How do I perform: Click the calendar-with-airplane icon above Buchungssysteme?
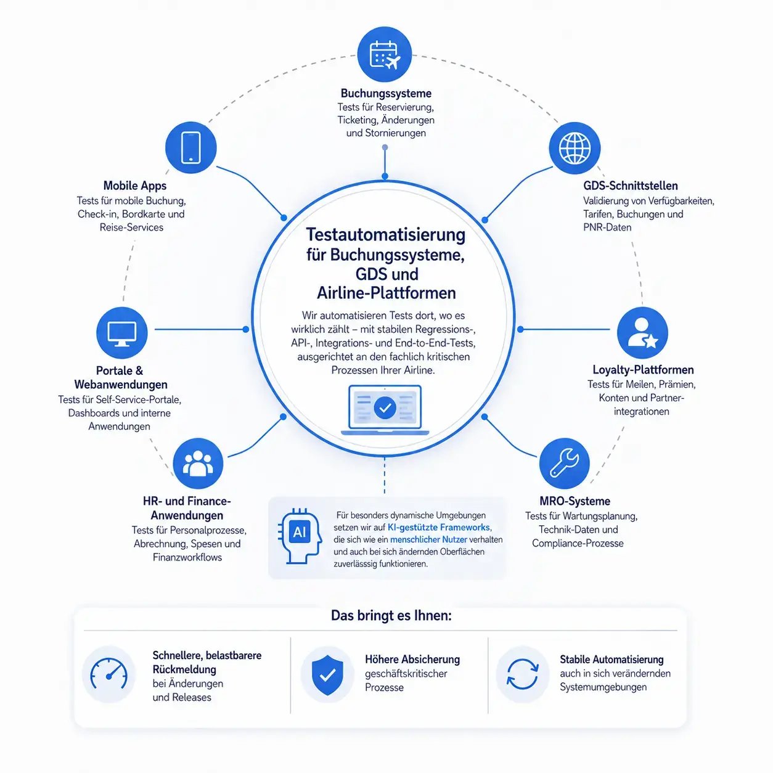[x=384, y=54]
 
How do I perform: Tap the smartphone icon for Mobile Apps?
[x=191, y=147]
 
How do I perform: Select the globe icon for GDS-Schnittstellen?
[x=575, y=147]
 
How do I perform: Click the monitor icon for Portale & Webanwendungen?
[x=122, y=332]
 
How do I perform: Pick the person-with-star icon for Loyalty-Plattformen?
[x=642, y=332]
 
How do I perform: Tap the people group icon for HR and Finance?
[x=198, y=464]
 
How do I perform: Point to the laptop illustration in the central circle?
[x=385, y=410]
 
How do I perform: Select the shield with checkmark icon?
[x=327, y=675]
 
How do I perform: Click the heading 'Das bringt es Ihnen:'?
[x=391, y=615]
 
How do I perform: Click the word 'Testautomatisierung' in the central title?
[x=385, y=235]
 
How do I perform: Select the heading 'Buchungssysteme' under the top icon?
[x=386, y=93]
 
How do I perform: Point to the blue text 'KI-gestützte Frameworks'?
[x=440, y=527]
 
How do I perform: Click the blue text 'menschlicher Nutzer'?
[x=428, y=539]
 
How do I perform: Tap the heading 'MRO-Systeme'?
[x=575, y=501]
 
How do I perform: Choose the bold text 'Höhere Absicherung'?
[x=412, y=659]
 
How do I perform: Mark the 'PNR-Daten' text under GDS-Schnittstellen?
[x=607, y=227]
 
